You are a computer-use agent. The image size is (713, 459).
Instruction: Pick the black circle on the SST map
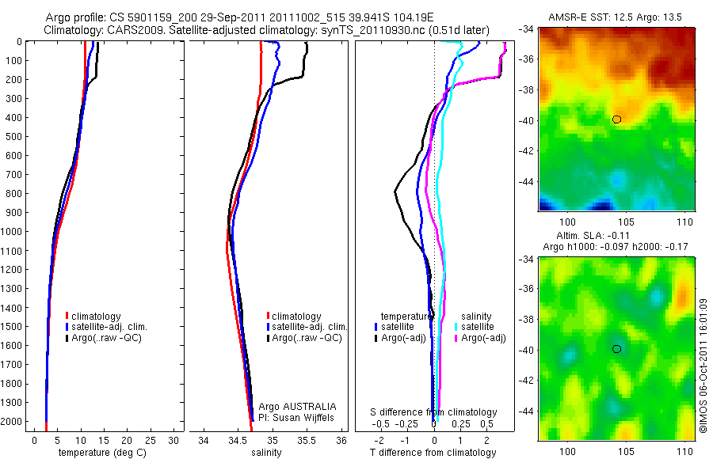point(616,119)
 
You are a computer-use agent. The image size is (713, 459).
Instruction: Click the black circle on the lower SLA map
point(616,349)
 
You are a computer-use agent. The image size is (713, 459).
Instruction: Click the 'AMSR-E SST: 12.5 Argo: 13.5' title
point(616,17)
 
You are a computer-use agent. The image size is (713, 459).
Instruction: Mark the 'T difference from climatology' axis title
point(433,453)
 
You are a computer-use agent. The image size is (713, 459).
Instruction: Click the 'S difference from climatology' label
point(433,412)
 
